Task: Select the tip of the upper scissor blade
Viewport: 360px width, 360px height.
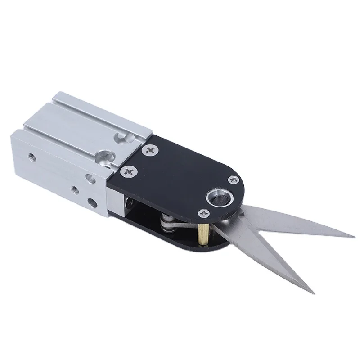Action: point(355,237)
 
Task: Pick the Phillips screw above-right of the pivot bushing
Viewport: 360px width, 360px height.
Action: point(233,180)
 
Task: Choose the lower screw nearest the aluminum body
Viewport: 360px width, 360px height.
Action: point(130,171)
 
